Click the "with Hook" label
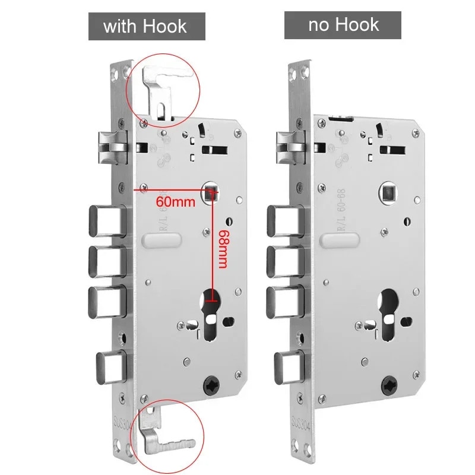pyautogui.click(x=145, y=26)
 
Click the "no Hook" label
pyautogui.click(x=344, y=24)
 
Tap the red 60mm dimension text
pyautogui.click(x=175, y=201)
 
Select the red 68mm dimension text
pyautogui.click(x=223, y=249)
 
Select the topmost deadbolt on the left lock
pyautogui.click(x=107, y=221)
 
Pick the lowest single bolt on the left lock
pyautogui.click(x=111, y=368)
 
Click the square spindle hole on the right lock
pyautogui.click(x=388, y=192)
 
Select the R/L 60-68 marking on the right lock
pyautogui.click(x=341, y=210)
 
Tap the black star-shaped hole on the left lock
pyautogui.click(x=211, y=385)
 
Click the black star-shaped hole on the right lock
pyautogui.click(x=389, y=385)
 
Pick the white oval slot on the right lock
pyautogui.click(x=340, y=240)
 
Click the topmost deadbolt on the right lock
pyautogui.click(x=286, y=221)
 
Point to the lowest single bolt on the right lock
pyautogui.click(x=289, y=368)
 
